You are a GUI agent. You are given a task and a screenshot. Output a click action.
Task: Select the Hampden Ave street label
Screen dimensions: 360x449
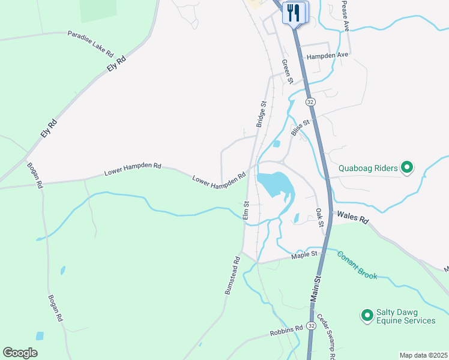pyautogui.click(x=327, y=56)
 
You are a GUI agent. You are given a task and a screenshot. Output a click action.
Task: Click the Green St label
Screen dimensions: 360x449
pyautogui.click(x=287, y=71)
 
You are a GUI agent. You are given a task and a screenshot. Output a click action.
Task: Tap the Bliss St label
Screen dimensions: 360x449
pyautogui.click(x=300, y=127)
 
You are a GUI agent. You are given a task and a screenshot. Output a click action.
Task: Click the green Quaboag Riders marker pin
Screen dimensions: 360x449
pyautogui.click(x=407, y=168)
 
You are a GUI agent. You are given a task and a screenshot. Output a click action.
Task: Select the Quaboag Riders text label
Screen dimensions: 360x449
pyautogui.click(x=369, y=169)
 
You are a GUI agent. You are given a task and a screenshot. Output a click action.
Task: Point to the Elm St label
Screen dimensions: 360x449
pyautogui.click(x=246, y=210)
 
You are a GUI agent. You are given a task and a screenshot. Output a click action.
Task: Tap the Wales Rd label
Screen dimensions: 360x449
pyautogui.click(x=352, y=217)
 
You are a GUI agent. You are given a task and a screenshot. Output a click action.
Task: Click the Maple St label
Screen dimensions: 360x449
pyautogui.click(x=304, y=255)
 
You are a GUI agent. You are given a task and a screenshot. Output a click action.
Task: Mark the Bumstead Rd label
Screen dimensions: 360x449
pyautogui.click(x=232, y=275)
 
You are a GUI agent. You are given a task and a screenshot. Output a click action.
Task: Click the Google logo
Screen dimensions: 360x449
pyautogui.click(x=20, y=353)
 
